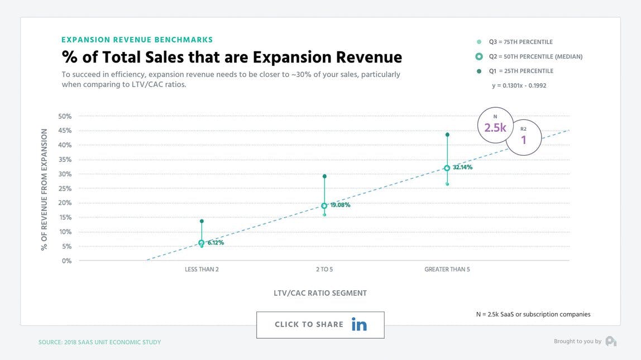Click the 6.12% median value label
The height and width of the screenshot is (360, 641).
click(216, 243)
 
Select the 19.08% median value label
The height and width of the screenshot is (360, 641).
click(340, 205)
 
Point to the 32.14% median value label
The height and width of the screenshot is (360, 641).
click(462, 167)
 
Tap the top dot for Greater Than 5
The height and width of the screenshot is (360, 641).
click(447, 135)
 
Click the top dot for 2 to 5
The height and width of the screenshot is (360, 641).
click(324, 176)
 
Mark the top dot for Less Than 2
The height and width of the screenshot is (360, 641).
click(202, 221)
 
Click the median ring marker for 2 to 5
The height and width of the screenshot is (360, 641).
click(324, 205)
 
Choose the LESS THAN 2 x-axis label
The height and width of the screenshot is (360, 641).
click(202, 270)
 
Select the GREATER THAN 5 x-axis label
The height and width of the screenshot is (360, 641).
click(447, 270)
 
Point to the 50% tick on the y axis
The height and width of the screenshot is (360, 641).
click(65, 116)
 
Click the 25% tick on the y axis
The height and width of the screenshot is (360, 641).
click(65, 189)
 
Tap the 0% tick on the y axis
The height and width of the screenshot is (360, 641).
click(66, 261)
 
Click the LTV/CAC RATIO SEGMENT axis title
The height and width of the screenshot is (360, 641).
click(320, 293)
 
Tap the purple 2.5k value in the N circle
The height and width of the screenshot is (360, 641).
click(495, 128)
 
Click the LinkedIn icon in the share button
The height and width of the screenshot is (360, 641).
click(359, 324)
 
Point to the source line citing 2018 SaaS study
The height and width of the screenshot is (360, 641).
click(99, 342)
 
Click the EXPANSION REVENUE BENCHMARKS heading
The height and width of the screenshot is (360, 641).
click(137, 40)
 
